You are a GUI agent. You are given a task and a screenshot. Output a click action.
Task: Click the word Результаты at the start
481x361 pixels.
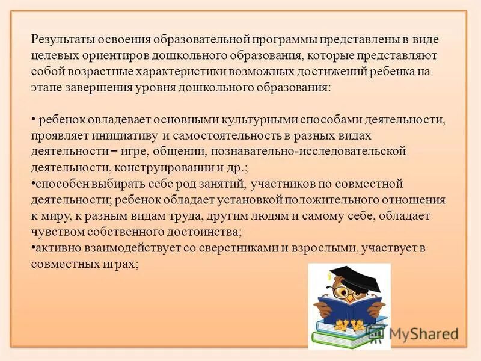point(61,40)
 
